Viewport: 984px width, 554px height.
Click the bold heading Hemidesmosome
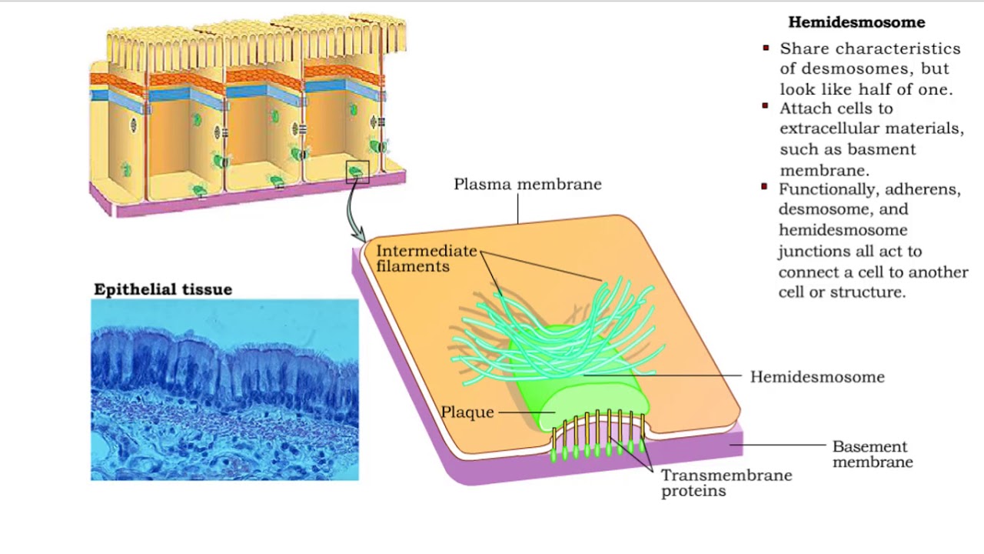856,22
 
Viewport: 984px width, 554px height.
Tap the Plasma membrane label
527,184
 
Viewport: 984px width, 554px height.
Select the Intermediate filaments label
427,259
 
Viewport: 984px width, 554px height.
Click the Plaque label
467,412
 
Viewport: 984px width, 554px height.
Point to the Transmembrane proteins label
726,482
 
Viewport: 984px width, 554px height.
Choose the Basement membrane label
873,454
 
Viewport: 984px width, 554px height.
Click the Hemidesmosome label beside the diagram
817,377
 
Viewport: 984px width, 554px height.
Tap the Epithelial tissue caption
163,289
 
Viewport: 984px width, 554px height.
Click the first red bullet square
766,48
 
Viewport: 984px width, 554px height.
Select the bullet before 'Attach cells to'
765,106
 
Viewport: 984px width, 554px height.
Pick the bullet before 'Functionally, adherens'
764,187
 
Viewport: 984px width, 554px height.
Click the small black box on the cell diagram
357,172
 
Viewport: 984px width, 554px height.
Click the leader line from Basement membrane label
778,445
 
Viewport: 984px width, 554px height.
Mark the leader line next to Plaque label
527,412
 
